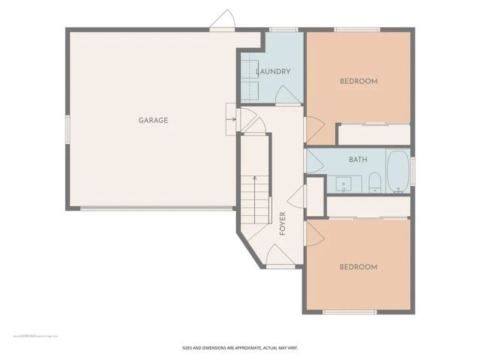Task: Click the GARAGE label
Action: (152, 120)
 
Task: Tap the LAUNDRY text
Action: (272, 72)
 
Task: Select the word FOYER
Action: (283, 223)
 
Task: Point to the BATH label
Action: (358, 160)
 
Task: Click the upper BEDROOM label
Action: (358, 81)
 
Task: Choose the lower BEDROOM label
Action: (358, 266)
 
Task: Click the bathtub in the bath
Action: (397, 172)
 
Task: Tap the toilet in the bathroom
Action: (374, 182)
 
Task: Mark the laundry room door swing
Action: (286, 94)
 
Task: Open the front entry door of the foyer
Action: (277, 259)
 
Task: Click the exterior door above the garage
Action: (223, 20)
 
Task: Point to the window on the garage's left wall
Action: (67, 128)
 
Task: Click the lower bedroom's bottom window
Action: (349, 312)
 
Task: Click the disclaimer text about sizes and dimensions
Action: (240, 347)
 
